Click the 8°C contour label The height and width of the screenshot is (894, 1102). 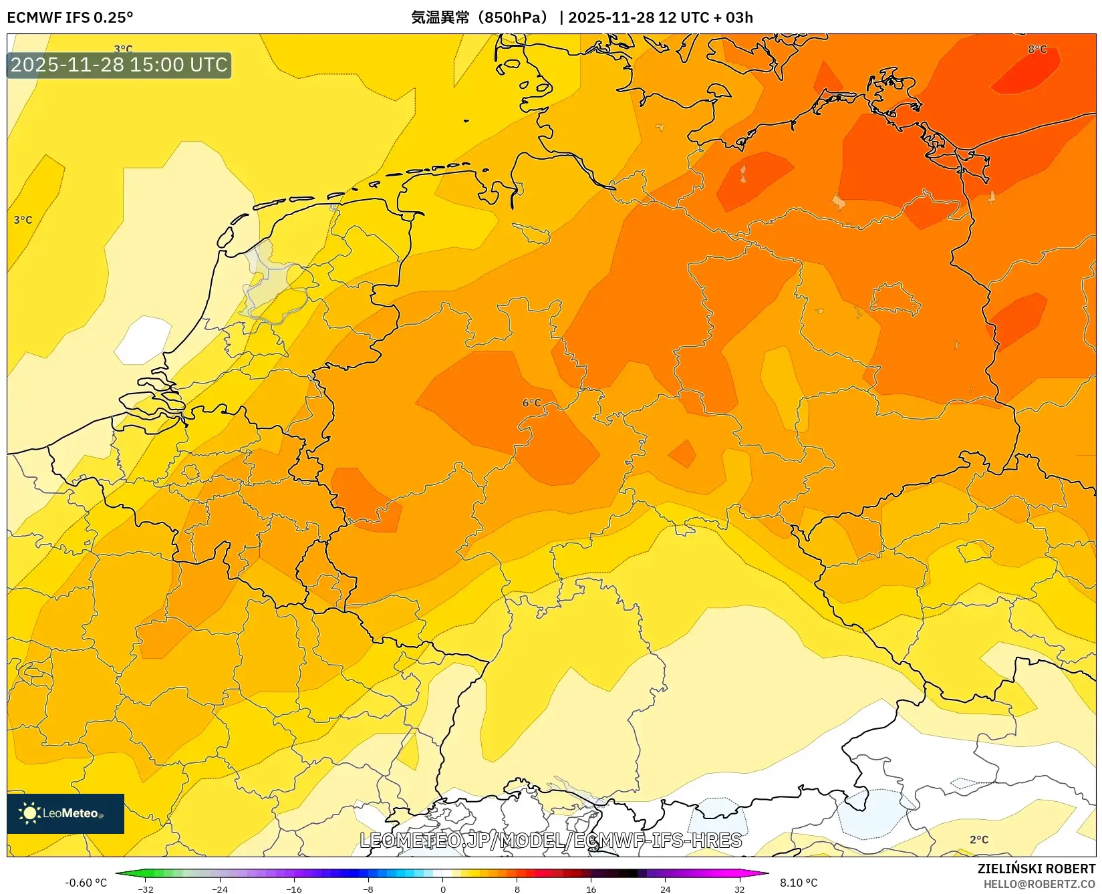pos(1037,49)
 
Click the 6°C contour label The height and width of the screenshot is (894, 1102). pos(531,403)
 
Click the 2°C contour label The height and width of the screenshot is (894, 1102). pos(978,840)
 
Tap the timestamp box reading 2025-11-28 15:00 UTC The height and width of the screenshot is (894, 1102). pos(119,65)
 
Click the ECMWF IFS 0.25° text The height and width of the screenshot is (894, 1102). pos(70,17)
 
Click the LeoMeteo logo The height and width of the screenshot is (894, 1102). pos(65,813)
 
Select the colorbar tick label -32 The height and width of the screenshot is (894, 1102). pos(145,889)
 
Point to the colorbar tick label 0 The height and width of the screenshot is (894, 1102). pos(442,889)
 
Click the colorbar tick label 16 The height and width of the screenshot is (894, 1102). pos(591,889)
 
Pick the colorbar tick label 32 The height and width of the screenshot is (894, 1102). pos(739,889)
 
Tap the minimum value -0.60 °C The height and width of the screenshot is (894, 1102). pos(86,883)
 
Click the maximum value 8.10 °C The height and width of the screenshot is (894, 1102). pos(799,883)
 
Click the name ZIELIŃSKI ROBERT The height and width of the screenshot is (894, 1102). pos(1037,869)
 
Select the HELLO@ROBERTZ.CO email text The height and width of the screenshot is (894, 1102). pos(1039,884)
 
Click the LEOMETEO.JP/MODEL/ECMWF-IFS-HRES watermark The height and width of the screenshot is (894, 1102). pos(551,841)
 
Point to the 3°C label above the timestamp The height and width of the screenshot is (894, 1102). pos(123,49)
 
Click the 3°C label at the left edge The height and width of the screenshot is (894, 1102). pos(23,220)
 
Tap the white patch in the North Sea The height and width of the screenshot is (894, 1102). pos(143,340)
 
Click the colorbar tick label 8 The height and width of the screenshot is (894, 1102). pos(517,889)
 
